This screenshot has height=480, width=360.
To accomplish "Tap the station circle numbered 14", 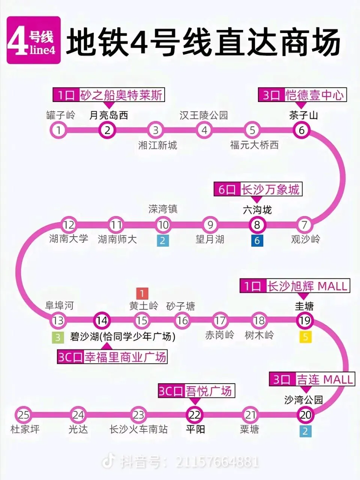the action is point(102,321).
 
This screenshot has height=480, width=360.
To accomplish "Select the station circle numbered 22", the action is point(195,415).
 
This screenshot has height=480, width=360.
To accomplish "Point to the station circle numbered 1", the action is point(59,130).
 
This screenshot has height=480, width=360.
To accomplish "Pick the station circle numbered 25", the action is point(24,415).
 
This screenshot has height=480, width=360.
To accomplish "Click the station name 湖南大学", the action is point(69,238).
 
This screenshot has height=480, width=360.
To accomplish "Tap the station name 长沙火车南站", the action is point(138,429).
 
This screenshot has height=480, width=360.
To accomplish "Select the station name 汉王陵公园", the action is point(204,115).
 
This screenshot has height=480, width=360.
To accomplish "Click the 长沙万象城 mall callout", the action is point(258,189).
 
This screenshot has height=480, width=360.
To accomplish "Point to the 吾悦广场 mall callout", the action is point(195,391).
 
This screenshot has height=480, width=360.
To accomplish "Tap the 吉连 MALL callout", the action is point(311,379).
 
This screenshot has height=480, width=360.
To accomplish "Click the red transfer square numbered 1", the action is point(142,293).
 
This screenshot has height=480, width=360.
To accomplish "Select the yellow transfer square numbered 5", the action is point(306,337).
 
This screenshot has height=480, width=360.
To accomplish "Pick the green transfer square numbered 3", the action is point(58,337).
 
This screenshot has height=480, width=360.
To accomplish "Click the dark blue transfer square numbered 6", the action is point(257,241).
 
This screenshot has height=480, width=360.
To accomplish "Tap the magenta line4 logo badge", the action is point(34,40).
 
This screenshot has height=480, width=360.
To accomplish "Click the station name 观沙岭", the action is point(306,239).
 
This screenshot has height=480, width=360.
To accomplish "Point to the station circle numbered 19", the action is point(304,321).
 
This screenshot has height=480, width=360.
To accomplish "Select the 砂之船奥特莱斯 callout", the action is point(109,95).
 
